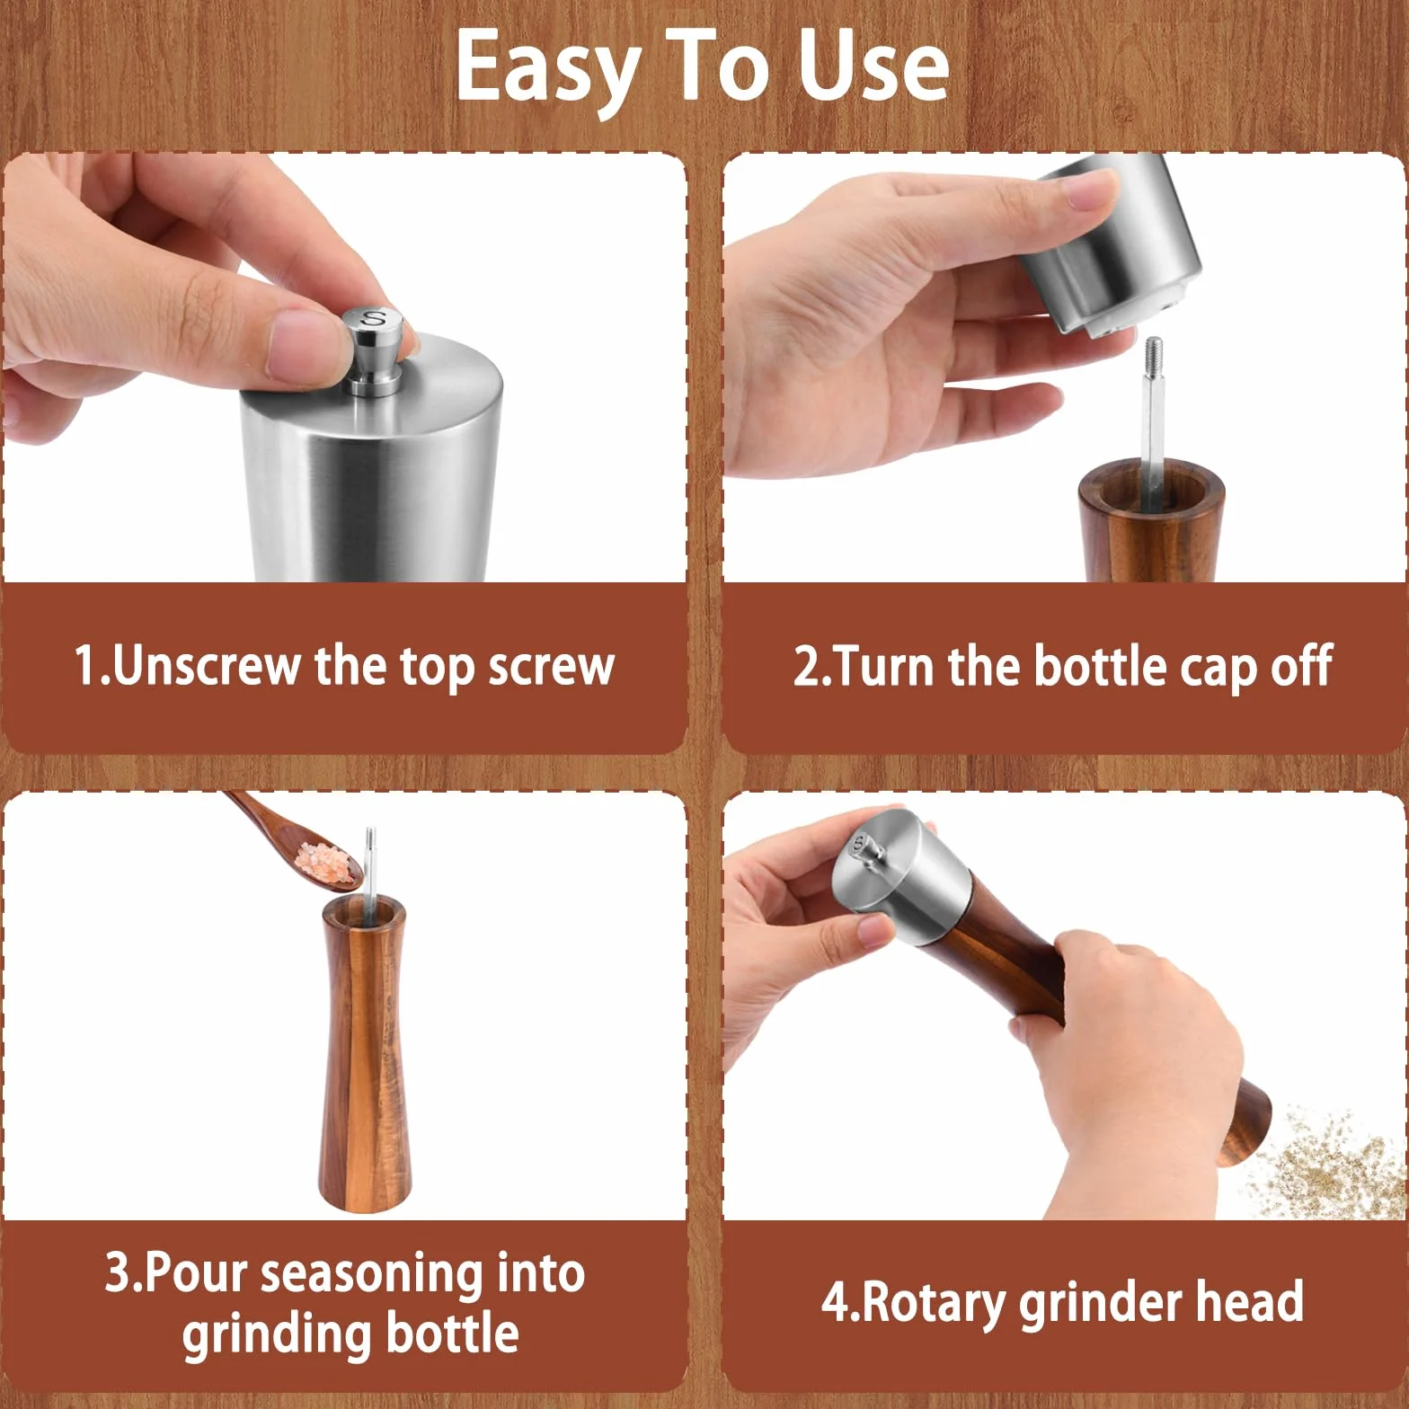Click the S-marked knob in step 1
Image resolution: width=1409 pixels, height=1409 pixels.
point(375,350)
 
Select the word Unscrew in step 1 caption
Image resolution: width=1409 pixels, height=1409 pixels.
point(207,666)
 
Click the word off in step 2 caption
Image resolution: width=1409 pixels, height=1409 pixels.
point(1301,666)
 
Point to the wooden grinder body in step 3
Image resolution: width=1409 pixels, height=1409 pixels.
point(364,1052)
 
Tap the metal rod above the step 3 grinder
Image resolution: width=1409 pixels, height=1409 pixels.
point(369,862)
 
